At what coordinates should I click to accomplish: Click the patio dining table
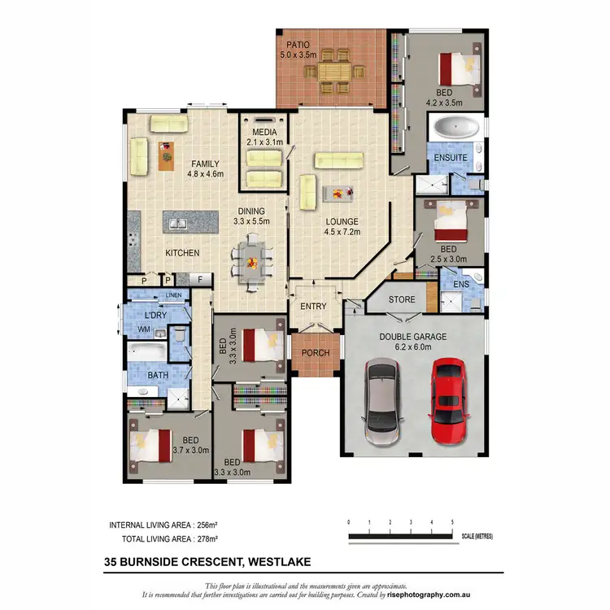pos(331,71)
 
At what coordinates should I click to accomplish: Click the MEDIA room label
pos(264,132)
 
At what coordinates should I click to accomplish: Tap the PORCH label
pos(314,353)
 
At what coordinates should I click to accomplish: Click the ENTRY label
pos(313,307)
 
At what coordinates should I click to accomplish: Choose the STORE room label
pos(401,299)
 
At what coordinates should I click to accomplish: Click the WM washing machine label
pos(144,329)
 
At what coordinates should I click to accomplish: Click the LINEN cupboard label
pos(173,294)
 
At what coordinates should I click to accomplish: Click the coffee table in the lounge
pos(338,192)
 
